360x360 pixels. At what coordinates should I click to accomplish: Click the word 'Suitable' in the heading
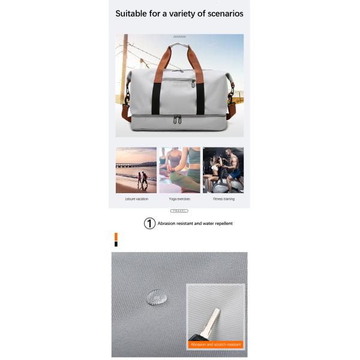133,13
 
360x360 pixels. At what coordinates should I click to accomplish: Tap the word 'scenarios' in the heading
221,13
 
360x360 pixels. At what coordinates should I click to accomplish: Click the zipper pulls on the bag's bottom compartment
178,119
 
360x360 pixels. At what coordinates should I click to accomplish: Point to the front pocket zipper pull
193,83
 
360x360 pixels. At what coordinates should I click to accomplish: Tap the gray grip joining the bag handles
179,44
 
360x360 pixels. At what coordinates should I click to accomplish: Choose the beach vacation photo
136,170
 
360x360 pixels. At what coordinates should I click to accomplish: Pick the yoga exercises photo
179,170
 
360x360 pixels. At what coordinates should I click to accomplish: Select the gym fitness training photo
223,170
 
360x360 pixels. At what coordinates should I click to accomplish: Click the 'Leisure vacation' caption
136,199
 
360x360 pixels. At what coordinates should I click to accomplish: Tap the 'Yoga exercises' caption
179,199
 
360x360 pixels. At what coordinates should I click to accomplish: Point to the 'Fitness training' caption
224,199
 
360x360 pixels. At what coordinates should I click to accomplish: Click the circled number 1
149,223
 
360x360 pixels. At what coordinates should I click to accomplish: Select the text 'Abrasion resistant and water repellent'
195,223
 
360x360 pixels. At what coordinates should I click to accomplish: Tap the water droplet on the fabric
157,296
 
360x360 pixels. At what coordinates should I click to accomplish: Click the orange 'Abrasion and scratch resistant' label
215,344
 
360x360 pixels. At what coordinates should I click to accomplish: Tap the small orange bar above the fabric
116,236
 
